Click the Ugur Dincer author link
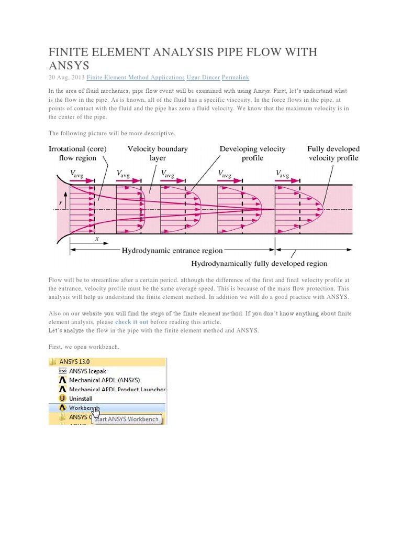[203, 77]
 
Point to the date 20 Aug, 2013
[65, 77]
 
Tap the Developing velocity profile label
[252, 153]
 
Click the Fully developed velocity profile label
[333, 153]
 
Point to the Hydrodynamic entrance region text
[172, 251]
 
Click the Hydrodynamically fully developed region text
[259, 263]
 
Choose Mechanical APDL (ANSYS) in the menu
[104, 380]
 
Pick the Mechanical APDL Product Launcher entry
[117, 389]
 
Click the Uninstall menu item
[81, 398]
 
